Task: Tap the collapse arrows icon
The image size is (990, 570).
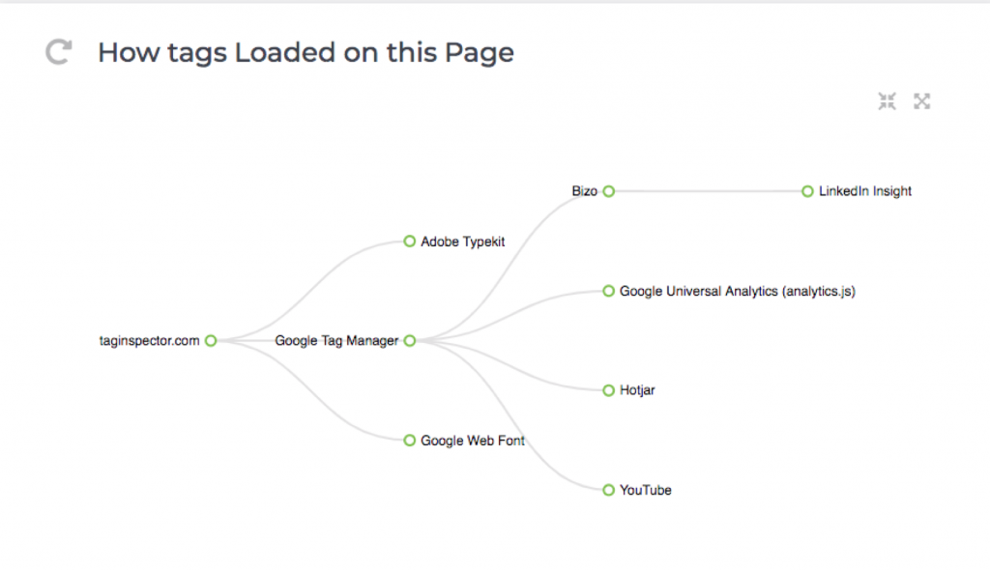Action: (x=888, y=101)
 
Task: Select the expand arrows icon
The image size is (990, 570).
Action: (x=921, y=101)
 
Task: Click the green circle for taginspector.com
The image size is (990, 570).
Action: (x=211, y=341)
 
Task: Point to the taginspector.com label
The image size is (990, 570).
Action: (x=149, y=341)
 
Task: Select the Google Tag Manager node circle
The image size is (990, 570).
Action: (x=410, y=341)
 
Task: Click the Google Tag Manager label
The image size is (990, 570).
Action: (x=336, y=341)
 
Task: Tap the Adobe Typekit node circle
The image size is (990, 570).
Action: (x=410, y=242)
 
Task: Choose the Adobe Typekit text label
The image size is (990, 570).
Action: (x=463, y=242)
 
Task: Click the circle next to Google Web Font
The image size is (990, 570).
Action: (x=410, y=440)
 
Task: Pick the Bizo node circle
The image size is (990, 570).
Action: (x=609, y=191)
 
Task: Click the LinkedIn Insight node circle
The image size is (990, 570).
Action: (x=807, y=191)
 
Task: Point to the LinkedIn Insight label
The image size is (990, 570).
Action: (x=865, y=191)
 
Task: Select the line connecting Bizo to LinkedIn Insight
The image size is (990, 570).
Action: (x=708, y=191)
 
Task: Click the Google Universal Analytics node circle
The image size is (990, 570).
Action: (x=609, y=291)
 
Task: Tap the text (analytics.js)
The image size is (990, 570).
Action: (x=819, y=292)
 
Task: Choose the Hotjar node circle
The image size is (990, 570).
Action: (x=609, y=390)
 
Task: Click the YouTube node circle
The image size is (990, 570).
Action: (x=609, y=490)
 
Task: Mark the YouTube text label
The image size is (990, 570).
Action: (x=645, y=491)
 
